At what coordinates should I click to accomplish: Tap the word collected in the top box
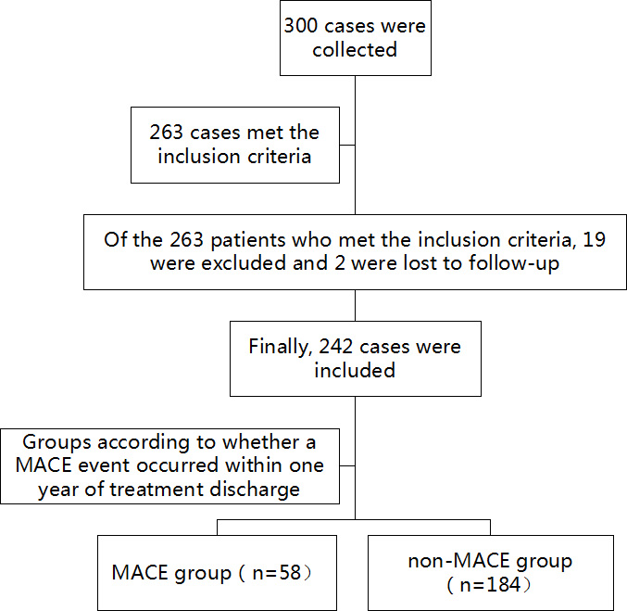pyautogui.click(x=355, y=50)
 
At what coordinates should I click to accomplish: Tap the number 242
pyautogui.click(x=335, y=347)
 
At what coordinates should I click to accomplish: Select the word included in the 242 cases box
pyautogui.click(x=355, y=370)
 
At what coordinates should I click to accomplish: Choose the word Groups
pyautogui.click(x=56, y=443)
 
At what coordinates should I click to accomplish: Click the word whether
pyautogui.click(x=260, y=442)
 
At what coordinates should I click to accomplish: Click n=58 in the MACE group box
pyautogui.click(x=277, y=573)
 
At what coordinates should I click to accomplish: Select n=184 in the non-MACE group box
pyautogui.click(x=490, y=584)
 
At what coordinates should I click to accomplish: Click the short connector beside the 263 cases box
pyautogui.click(x=347, y=145)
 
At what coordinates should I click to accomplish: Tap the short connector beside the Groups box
pyautogui.click(x=347, y=465)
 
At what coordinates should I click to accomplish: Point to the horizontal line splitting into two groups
pyautogui.click(x=354, y=520)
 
